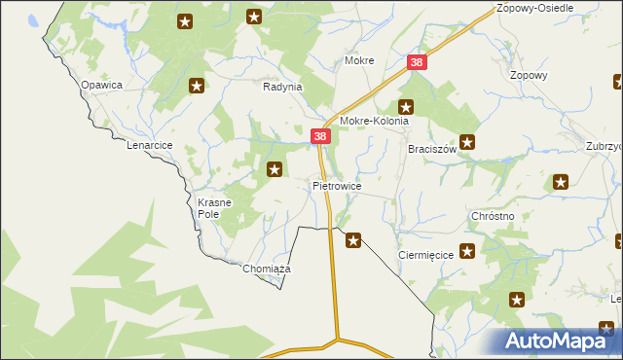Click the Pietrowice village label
[337, 185]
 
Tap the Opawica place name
[101, 85]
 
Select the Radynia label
[283, 87]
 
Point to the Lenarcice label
[150, 145]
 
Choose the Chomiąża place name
[267, 269]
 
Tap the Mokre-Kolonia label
[374, 122]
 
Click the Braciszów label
[432, 150]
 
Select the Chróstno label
[492, 216]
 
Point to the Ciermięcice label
[427, 254]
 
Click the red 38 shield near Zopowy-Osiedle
[417, 62]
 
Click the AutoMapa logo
[558, 342]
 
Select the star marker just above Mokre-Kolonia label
[406, 107]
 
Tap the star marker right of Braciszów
[467, 142]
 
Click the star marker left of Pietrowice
[275, 170]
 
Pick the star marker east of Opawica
[197, 86]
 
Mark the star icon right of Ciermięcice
[467, 252]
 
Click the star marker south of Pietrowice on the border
[353, 239]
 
